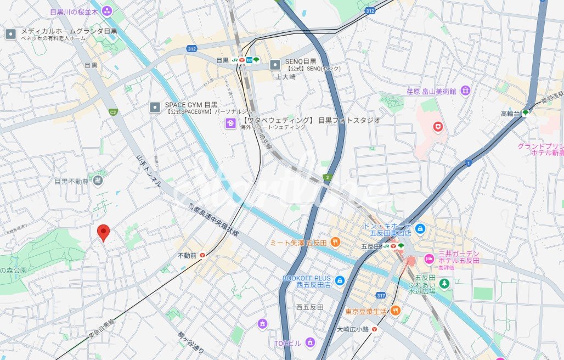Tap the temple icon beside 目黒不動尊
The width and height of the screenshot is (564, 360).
(x=98, y=181)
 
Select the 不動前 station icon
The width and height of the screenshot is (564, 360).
(x=202, y=255)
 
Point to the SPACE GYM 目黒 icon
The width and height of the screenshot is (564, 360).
(x=155, y=108)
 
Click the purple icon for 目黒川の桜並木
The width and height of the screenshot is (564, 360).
(x=106, y=10)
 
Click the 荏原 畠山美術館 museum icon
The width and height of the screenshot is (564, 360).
(x=465, y=91)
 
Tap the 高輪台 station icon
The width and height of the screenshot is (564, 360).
(x=525, y=113)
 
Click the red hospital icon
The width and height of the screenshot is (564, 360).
(x=437, y=127)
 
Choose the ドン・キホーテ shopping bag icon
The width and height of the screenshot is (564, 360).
(x=420, y=228)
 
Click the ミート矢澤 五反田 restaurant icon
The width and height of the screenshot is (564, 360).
(x=335, y=242)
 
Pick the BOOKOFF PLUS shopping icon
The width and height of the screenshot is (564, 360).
(x=340, y=281)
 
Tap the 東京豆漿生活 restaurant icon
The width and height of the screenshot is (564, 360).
(x=395, y=311)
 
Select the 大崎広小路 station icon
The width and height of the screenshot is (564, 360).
(x=374, y=329)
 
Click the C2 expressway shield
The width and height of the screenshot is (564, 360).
(x=113, y=113)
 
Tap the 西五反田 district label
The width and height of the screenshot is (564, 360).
(x=309, y=307)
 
